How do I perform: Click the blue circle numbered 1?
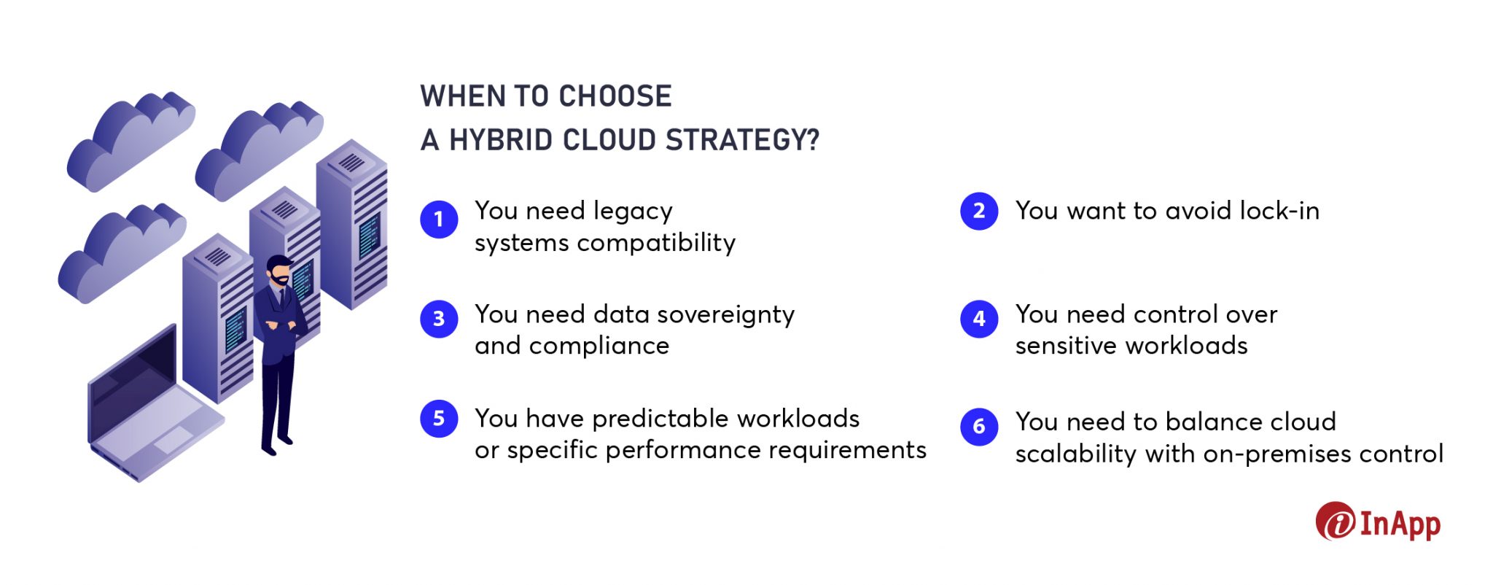[439, 220]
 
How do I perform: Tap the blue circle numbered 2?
[979, 212]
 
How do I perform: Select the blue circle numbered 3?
[439, 319]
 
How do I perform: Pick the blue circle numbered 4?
[979, 319]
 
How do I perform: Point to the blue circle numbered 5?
[439, 419]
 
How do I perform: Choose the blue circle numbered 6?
[979, 426]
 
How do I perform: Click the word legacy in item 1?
[633, 212]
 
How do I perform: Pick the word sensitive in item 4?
[1066, 346]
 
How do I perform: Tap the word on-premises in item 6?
[1282, 454]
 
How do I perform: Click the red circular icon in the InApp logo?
[1335, 522]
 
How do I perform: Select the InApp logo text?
[1400, 524]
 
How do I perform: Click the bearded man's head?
[279, 271]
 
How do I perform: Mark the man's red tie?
[282, 298]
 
